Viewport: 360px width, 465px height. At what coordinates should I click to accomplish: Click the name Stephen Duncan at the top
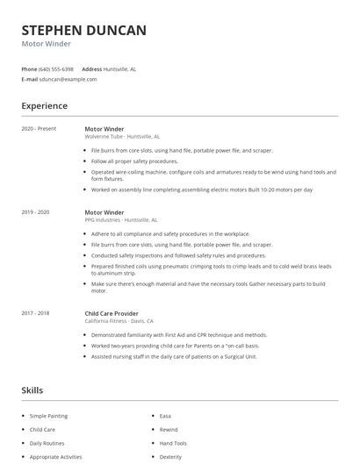(x=84, y=31)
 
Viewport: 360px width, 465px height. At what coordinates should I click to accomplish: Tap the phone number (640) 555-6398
(x=56, y=68)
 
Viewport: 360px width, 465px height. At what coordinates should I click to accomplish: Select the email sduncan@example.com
(x=68, y=79)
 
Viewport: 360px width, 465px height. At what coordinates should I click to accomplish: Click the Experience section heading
(x=45, y=106)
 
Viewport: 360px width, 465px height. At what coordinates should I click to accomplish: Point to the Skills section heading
(x=32, y=390)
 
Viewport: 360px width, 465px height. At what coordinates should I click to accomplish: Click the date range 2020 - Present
(x=39, y=129)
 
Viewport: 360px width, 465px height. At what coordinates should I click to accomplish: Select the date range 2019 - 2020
(x=35, y=212)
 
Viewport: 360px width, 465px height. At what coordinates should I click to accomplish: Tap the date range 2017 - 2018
(x=35, y=313)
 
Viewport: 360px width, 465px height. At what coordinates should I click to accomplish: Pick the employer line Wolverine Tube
(x=105, y=137)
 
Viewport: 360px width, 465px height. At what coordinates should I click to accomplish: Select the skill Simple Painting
(x=48, y=416)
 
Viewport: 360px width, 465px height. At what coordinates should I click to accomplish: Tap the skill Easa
(x=165, y=416)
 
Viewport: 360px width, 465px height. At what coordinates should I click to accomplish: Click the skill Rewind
(x=168, y=430)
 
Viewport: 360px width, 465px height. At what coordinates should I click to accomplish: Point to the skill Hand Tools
(x=172, y=443)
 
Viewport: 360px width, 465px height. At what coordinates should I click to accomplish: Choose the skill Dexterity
(x=170, y=456)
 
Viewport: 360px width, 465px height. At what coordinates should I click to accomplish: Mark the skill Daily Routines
(x=47, y=443)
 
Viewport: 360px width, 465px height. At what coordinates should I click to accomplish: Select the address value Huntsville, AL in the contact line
(x=120, y=68)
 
